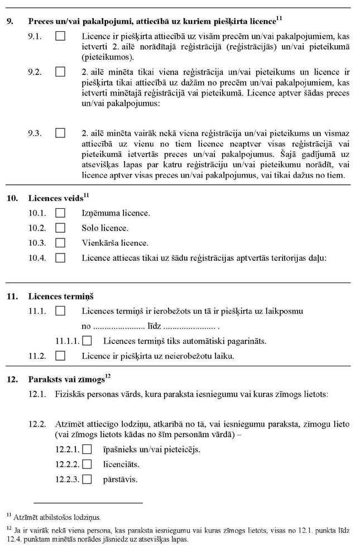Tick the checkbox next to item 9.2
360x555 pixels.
pos(60,72)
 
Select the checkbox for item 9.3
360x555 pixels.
pos(60,134)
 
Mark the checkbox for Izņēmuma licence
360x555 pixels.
pos(60,213)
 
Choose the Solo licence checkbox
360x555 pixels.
pos(60,228)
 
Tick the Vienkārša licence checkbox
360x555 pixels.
pos(60,243)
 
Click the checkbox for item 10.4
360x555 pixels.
pos(60,258)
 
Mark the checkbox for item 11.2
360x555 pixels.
pos(60,355)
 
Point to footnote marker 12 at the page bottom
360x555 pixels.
pos(9,527)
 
